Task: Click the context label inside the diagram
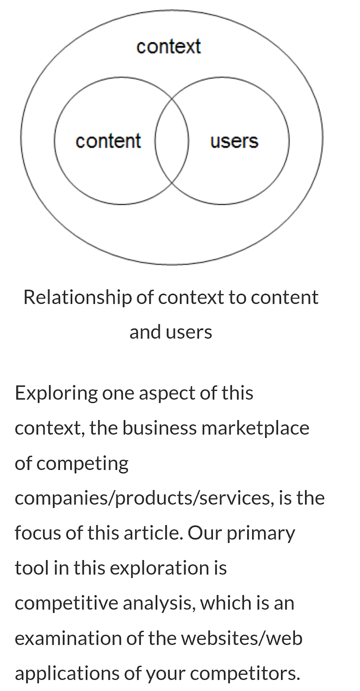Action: point(168,47)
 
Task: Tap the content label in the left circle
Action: point(108,141)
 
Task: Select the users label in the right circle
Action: point(234,141)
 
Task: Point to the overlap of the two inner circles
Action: point(172,141)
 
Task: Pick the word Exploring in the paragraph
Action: point(56,393)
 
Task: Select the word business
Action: point(159,428)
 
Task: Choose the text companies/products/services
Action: point(144,498)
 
